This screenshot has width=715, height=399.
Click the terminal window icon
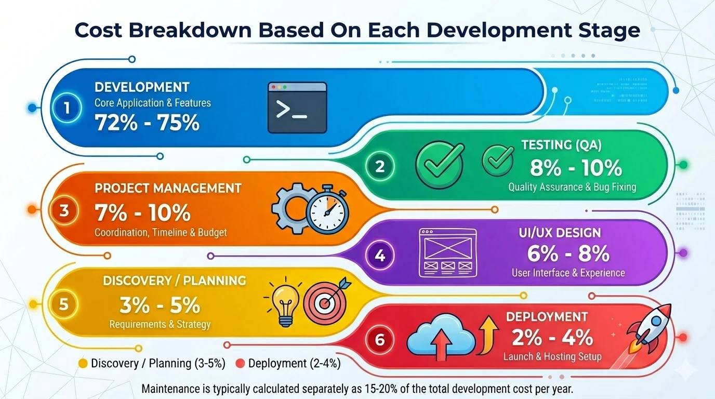coord(297,108)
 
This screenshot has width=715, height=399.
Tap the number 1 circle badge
coord(68,108)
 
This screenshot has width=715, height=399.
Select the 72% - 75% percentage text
coord(147,123)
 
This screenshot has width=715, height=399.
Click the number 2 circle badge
coord(380,166)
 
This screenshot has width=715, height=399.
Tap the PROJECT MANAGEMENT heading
coord(168,188)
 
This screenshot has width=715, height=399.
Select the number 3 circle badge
coord(64,211)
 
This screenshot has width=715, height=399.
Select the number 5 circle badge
coord(63,304)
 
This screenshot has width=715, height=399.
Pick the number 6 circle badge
coord(380,340)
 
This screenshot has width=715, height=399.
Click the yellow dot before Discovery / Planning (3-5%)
coord(83,364)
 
